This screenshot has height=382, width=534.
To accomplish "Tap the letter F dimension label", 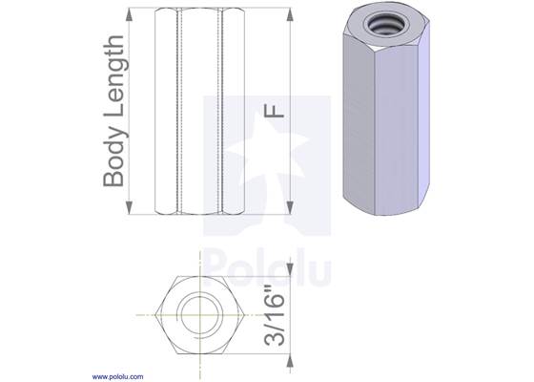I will tap(274, 111).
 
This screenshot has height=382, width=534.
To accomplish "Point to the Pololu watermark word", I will tap(267, 266).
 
